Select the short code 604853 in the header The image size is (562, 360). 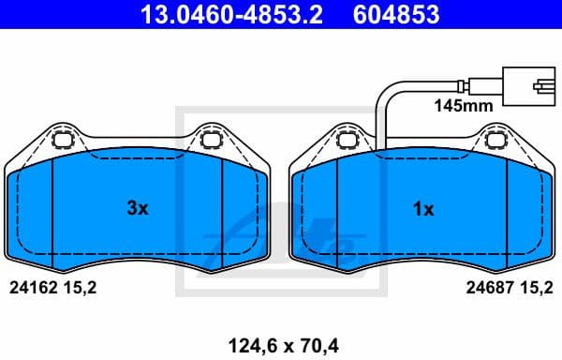pyautogui.click(x=396, y=15)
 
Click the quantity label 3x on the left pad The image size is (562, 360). pyautogui.click(x=138, y=209)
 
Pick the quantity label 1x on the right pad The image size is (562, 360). pyautogui.click(x=423, y=209)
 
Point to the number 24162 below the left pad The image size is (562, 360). pyautogui.click(x=30, y=290)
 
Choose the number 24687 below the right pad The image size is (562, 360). pyautogui.click(x=486, y=290)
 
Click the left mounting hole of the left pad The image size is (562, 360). pyautogui.click(x=65, y=142)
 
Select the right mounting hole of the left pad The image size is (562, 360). pyautogui.click(x=210, y=142)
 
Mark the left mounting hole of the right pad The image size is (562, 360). pyautogui.click(x=348, y=142)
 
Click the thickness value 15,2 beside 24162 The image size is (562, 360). pyautogui.click(x=81, y=290)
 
